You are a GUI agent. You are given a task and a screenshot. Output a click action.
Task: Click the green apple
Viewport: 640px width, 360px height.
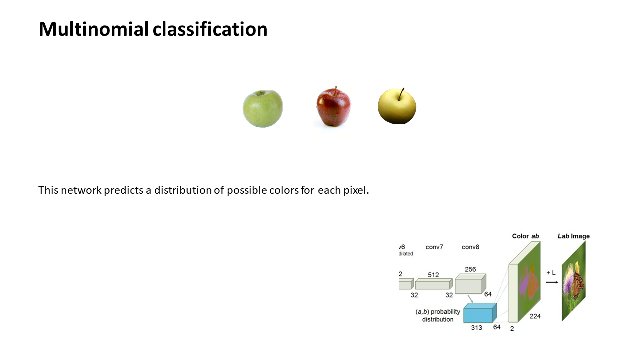(x=263, y=109)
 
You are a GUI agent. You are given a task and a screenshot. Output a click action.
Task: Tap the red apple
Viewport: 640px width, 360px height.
(x=333, y=107)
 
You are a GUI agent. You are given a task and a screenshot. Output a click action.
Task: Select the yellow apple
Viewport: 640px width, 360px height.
(x=397, y=106)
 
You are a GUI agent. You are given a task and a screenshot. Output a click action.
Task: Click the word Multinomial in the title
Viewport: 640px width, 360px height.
(x=94, y=29)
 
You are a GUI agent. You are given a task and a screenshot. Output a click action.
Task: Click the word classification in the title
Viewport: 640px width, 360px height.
(x=210, y=29)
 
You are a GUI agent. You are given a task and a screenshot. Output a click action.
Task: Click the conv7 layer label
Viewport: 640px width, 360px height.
(x=434, y=247)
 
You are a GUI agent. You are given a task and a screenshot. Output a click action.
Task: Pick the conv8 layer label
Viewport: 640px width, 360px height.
(x=470, y=247)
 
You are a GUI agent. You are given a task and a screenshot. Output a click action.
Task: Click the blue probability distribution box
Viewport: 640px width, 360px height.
(x=480, y=313)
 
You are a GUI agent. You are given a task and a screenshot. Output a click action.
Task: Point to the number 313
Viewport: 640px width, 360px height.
(x=476, y=328)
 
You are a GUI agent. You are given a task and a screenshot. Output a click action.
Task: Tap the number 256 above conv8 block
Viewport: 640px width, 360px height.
(x=470, y=269)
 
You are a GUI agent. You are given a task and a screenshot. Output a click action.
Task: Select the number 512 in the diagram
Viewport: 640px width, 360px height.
(x=433, y=275)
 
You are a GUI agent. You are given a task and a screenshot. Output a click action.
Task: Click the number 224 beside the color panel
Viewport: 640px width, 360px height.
(x=535, y=316)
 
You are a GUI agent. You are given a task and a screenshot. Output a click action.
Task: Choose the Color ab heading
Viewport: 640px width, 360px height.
(x=525, y=236)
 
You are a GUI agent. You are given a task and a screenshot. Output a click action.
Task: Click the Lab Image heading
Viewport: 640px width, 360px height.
(x=573, y=236)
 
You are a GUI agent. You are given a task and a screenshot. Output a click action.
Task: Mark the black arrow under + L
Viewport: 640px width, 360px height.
(x=552, y=282)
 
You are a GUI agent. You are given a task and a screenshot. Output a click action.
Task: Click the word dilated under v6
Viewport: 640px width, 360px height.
(x=406, y=253)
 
